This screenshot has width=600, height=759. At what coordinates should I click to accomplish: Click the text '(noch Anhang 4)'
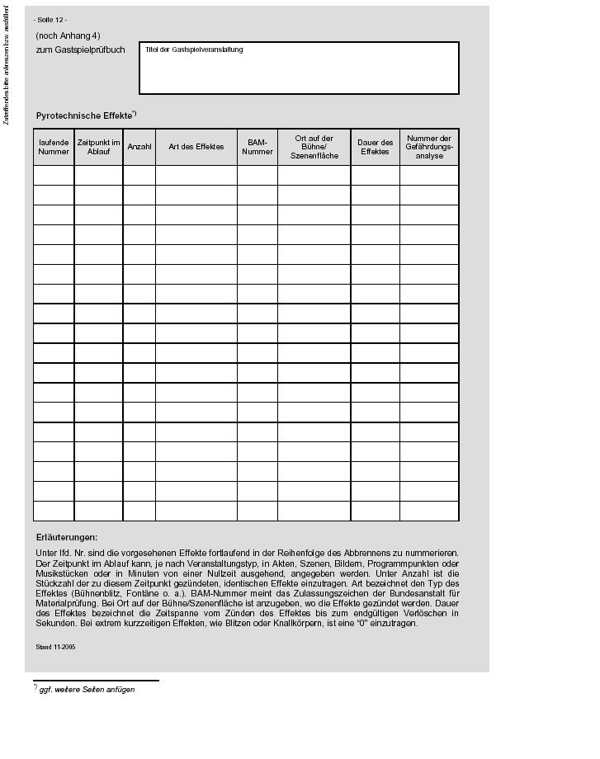[68, 36]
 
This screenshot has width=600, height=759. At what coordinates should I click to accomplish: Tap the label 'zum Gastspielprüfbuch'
[80, 49]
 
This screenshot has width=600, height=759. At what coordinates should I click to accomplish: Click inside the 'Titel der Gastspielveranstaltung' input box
[299, 73]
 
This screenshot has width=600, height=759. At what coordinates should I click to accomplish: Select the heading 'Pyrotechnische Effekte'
[84, 115]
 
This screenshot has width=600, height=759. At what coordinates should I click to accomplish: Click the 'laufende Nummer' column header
[54, 147]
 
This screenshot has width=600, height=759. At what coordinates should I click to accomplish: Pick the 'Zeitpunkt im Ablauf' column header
[98, 147]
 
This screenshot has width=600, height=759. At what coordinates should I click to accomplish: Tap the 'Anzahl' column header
[139, 147]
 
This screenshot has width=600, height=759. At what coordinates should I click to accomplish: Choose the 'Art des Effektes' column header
[196, 147]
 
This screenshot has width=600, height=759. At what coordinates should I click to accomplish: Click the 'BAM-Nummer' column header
[257, 147]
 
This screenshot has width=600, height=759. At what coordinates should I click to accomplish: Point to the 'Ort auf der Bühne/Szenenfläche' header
[314, 147]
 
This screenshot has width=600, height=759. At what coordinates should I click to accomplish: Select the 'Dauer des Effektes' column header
[375, 147]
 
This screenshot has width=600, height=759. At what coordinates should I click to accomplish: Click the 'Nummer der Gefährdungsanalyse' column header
[429, 147]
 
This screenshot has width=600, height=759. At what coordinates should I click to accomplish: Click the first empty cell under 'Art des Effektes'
[196, 175]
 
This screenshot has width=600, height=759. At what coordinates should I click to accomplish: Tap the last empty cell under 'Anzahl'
[139, 511]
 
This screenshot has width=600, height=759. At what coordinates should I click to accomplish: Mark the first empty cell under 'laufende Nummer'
[54, 175]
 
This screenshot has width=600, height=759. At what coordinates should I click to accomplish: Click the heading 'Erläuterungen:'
[67, 537]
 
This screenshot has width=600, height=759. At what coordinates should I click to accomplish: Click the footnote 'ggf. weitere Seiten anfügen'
[87, 690]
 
